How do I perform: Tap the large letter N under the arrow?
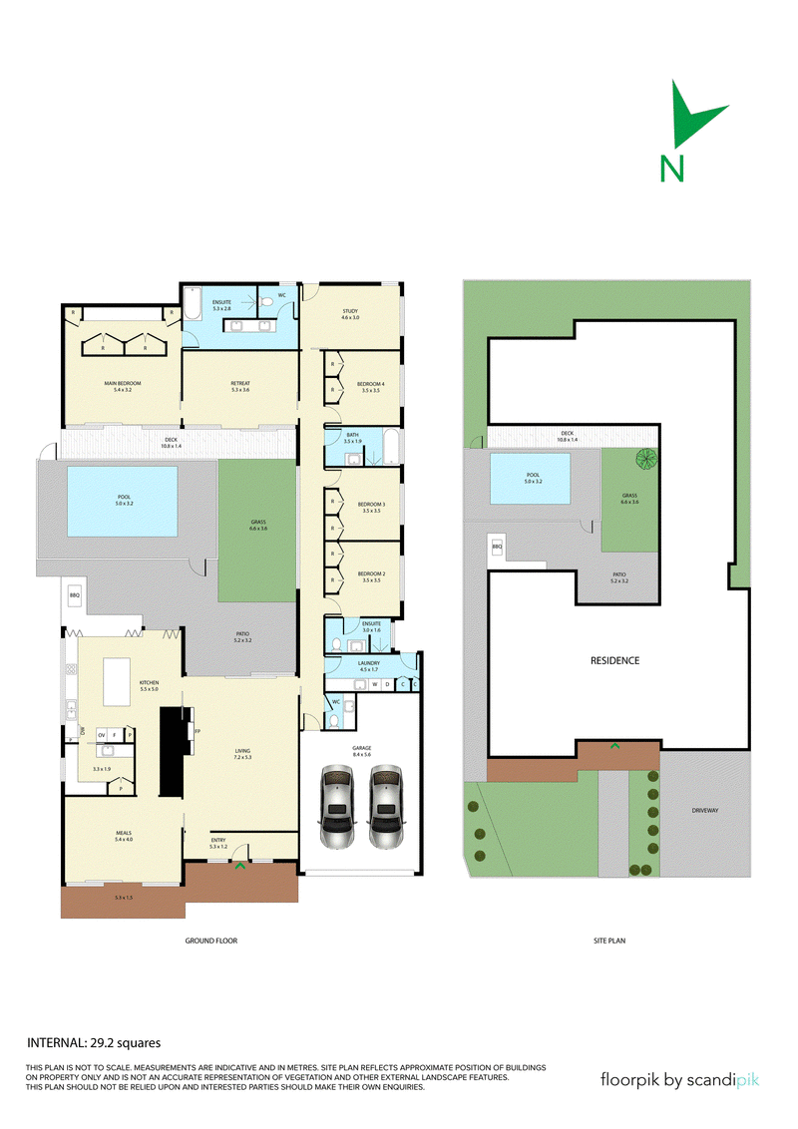(x=672, y=168)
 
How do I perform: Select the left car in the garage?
(x=338, y=806)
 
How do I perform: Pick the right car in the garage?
(x=386, y=806)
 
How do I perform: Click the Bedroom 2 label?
(x=371, y=575)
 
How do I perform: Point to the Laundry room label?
(x=369, y=662)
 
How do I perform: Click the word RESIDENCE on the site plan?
(x=614, y=660)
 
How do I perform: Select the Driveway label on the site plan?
(x=704, y=811)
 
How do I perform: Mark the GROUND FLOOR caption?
(x=211, y=941)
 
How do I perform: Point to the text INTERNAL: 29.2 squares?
(x=93, y=1043)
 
